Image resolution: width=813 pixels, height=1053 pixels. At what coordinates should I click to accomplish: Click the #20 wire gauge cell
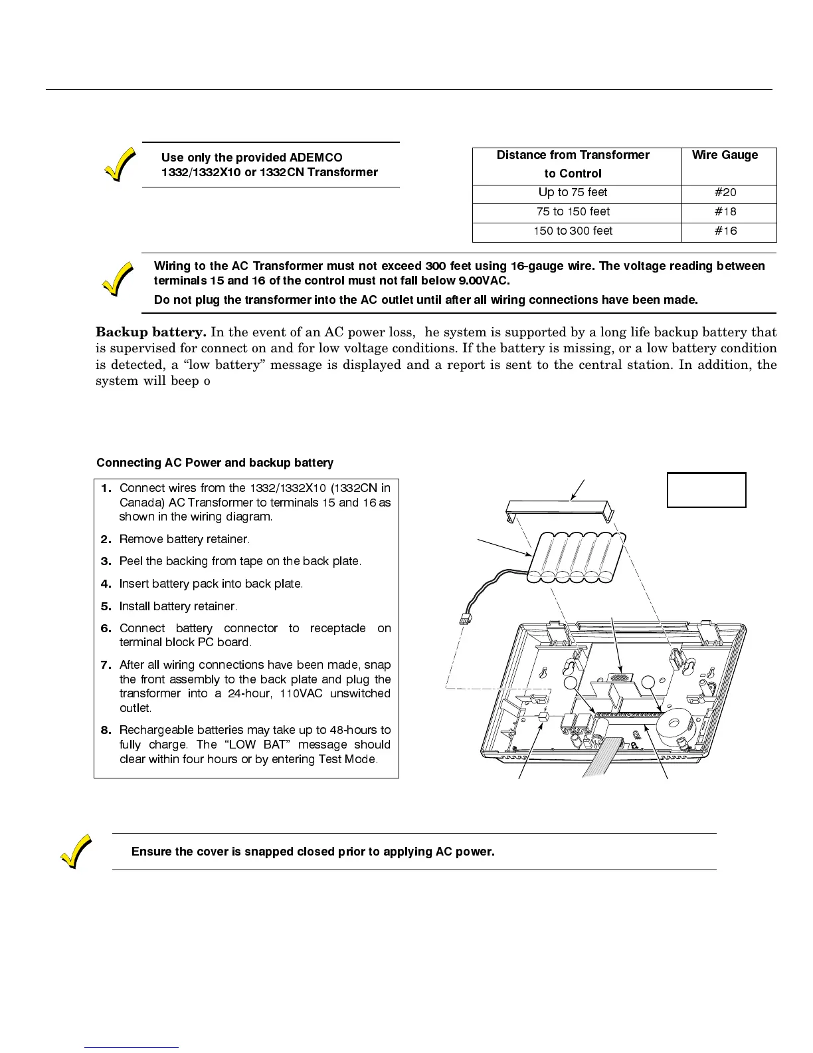[x=725, y=193]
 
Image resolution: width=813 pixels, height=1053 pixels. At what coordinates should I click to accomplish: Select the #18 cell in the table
[x=725, y=212]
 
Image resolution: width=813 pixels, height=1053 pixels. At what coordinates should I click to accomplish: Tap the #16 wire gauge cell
[x=725, y=231]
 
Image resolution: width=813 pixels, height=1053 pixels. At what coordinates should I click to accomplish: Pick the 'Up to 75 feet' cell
[x=573, y=193]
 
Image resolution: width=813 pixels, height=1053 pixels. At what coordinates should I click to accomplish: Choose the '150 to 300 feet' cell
[x=573, y=231]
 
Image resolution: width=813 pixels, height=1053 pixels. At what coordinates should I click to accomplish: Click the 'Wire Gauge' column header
[x=725, y=156]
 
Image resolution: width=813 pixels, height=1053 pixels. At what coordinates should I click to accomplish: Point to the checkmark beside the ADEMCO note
[x=120, y=164]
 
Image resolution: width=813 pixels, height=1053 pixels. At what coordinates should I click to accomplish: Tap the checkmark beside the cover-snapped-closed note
[x=75, y=852]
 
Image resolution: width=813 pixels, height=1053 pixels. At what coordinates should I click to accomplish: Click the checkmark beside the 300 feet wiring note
[x=117, y=278]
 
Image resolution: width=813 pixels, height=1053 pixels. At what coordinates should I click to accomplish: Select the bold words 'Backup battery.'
[x=151, y=332]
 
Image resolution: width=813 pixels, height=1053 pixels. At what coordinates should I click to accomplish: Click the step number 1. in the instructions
[x=106, y=489]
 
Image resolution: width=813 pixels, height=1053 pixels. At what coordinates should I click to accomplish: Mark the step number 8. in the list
[x=106, y=731]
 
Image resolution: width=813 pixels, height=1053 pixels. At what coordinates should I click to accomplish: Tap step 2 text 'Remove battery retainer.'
[x=184, y=539]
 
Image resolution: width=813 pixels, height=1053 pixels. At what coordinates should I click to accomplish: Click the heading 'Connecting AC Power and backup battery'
[x=215, y=463]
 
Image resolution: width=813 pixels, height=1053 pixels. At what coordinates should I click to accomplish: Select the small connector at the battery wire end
[x=465, y=620]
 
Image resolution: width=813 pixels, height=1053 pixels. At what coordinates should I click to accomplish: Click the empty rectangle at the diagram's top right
[x=706, y=490]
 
